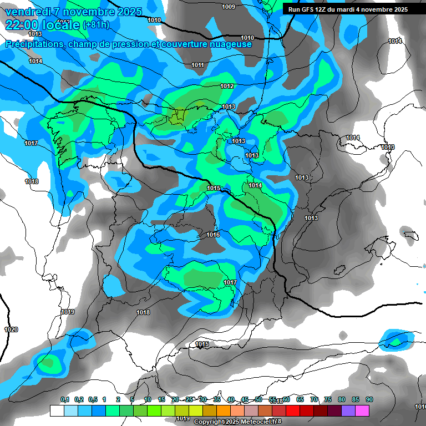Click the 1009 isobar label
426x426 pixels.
[x=228, y=7]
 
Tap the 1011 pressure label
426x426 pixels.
[x=197, y=65]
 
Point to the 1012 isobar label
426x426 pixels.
[x=227, y=86]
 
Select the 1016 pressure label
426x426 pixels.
[x=213, y=235]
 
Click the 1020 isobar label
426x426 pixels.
[x=11, y=329]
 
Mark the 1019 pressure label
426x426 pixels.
[x=68, y=312]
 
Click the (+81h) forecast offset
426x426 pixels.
[x=96, y=25]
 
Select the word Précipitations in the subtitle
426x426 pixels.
[x=33, y=44]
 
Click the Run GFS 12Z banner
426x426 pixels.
[x=348, y=9]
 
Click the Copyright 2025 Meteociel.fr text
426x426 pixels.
[x=237, y=422]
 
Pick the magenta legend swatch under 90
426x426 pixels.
[x=362, y=411]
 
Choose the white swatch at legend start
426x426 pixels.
[x=57, y=411]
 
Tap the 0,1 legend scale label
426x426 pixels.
[x=64, y=399]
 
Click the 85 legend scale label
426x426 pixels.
[x=356, y=399]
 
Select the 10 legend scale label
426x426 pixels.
[x=148, y=399]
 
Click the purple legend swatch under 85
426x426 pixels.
[x=348, y=411]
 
